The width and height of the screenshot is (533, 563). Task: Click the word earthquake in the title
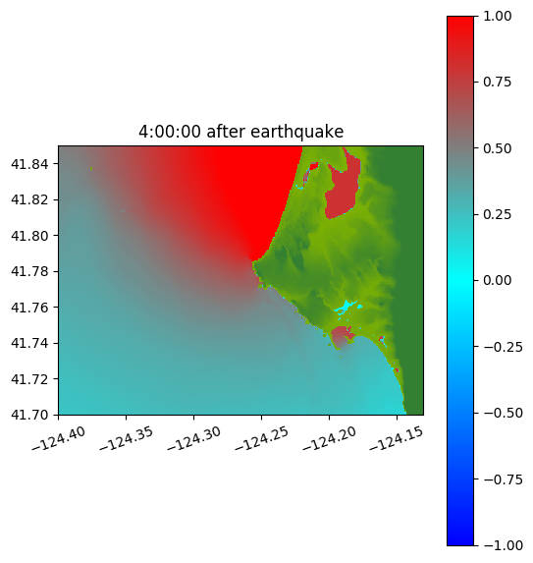tap(296, 132)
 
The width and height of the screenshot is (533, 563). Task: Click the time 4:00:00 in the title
tap(169, 132)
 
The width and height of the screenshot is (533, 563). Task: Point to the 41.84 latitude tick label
tap(29, 164)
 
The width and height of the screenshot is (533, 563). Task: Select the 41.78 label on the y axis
tap(29, 271)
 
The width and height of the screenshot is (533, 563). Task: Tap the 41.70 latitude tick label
tap(29, 415)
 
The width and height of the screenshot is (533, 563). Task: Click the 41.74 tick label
tap(29, 343)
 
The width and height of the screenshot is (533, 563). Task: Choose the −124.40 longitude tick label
tap(59, 438)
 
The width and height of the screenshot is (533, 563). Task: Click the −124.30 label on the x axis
tap(194, 438)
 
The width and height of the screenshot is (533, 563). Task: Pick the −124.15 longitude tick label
tap(397, 438)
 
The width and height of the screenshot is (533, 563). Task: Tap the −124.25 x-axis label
tap(261, 438)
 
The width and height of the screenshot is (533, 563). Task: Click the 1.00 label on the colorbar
tap(497, 16)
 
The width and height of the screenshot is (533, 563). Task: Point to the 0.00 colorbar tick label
tap(497, 280)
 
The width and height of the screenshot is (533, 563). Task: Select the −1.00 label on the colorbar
tap(503, 545)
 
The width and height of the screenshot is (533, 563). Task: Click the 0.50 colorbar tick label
tap(497, 148)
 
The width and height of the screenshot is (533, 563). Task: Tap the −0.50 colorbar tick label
tap(503, 413)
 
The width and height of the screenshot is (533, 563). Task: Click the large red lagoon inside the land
tap(342, 193)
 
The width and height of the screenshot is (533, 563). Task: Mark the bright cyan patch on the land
tap(346, 307)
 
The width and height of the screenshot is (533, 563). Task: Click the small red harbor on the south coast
tap(342, 337)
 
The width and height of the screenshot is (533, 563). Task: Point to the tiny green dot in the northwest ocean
tap(91, 168)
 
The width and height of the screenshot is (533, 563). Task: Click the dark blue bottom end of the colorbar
tap(460, 540)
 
